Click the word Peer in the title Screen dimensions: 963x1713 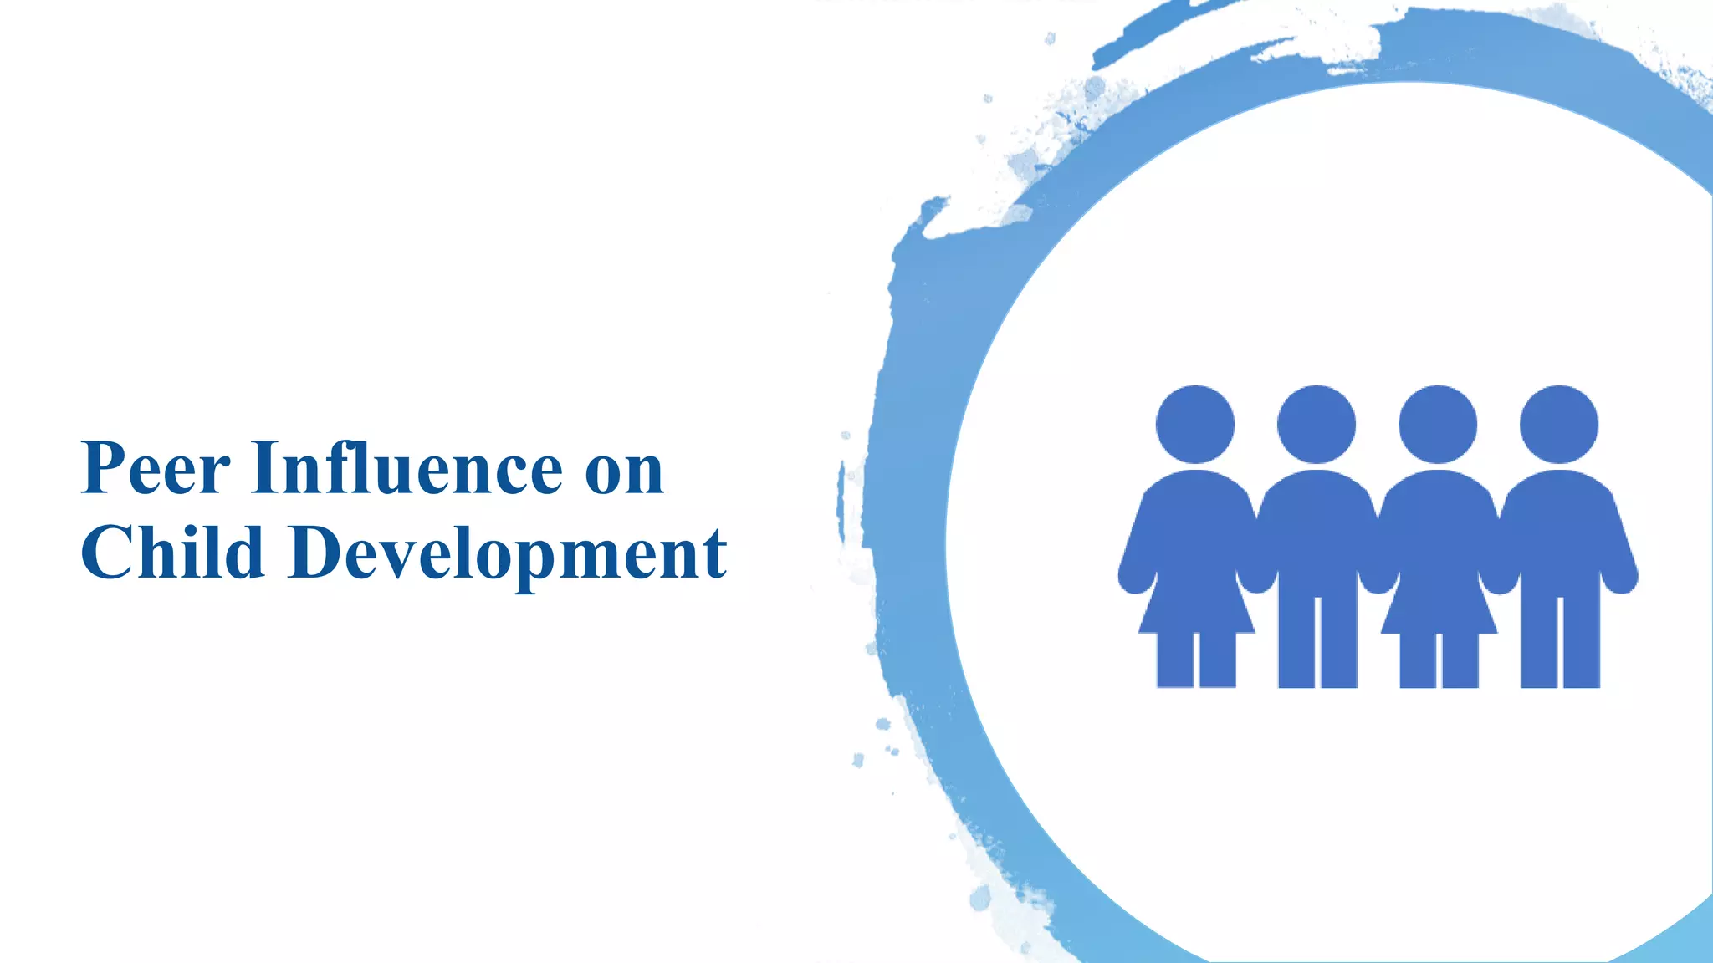pos(156,468)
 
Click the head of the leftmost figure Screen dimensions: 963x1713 pos(1195,425)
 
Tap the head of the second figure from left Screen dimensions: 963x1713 pos(1317,425)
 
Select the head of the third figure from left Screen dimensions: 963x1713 pos(1438,425)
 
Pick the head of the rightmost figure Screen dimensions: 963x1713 pos(1559,425)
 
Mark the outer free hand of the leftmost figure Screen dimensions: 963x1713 pos(1136,577)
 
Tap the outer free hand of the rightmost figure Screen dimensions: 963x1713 pos(1621,577)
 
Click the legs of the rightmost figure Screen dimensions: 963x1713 pos(1560,644)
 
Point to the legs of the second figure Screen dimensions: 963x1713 pos(1317,644)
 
